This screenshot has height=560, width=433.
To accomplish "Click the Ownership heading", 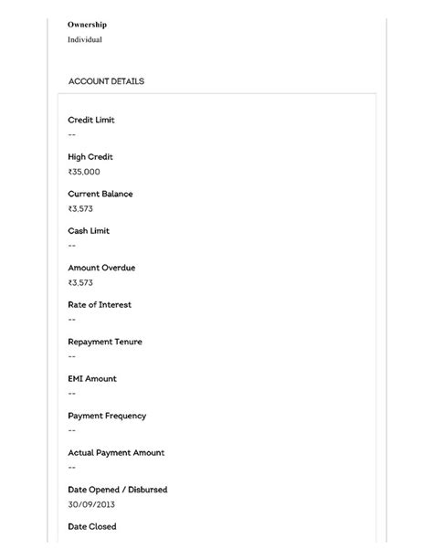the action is pos(87,25).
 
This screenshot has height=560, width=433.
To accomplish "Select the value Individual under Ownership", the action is pos(85,40).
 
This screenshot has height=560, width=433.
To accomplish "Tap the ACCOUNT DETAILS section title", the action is pos(106,81).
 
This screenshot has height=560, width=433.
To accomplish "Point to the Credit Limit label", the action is pos(91,120).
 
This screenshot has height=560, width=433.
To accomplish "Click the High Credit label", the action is pos(90,157).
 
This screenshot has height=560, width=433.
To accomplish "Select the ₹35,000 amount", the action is pos(84,172).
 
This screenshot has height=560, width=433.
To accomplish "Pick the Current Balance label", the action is pos(100,194).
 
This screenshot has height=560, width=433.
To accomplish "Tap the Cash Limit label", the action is pos(88,231).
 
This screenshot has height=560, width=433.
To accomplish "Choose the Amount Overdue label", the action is pos(101,268).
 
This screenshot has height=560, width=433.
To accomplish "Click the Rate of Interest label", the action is pos(100,304).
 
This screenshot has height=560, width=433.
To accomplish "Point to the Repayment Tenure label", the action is pos(105,342).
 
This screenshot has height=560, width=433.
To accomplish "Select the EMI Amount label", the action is pos(92,378).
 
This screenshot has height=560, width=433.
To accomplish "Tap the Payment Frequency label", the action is pos(107,416).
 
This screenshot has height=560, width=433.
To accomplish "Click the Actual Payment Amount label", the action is pos(116,452).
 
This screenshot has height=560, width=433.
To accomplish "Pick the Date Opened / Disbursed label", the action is pos(118,490).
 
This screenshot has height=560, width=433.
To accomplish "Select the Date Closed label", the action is pos(92,526).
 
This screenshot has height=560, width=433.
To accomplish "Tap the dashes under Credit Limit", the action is pos(72,135).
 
